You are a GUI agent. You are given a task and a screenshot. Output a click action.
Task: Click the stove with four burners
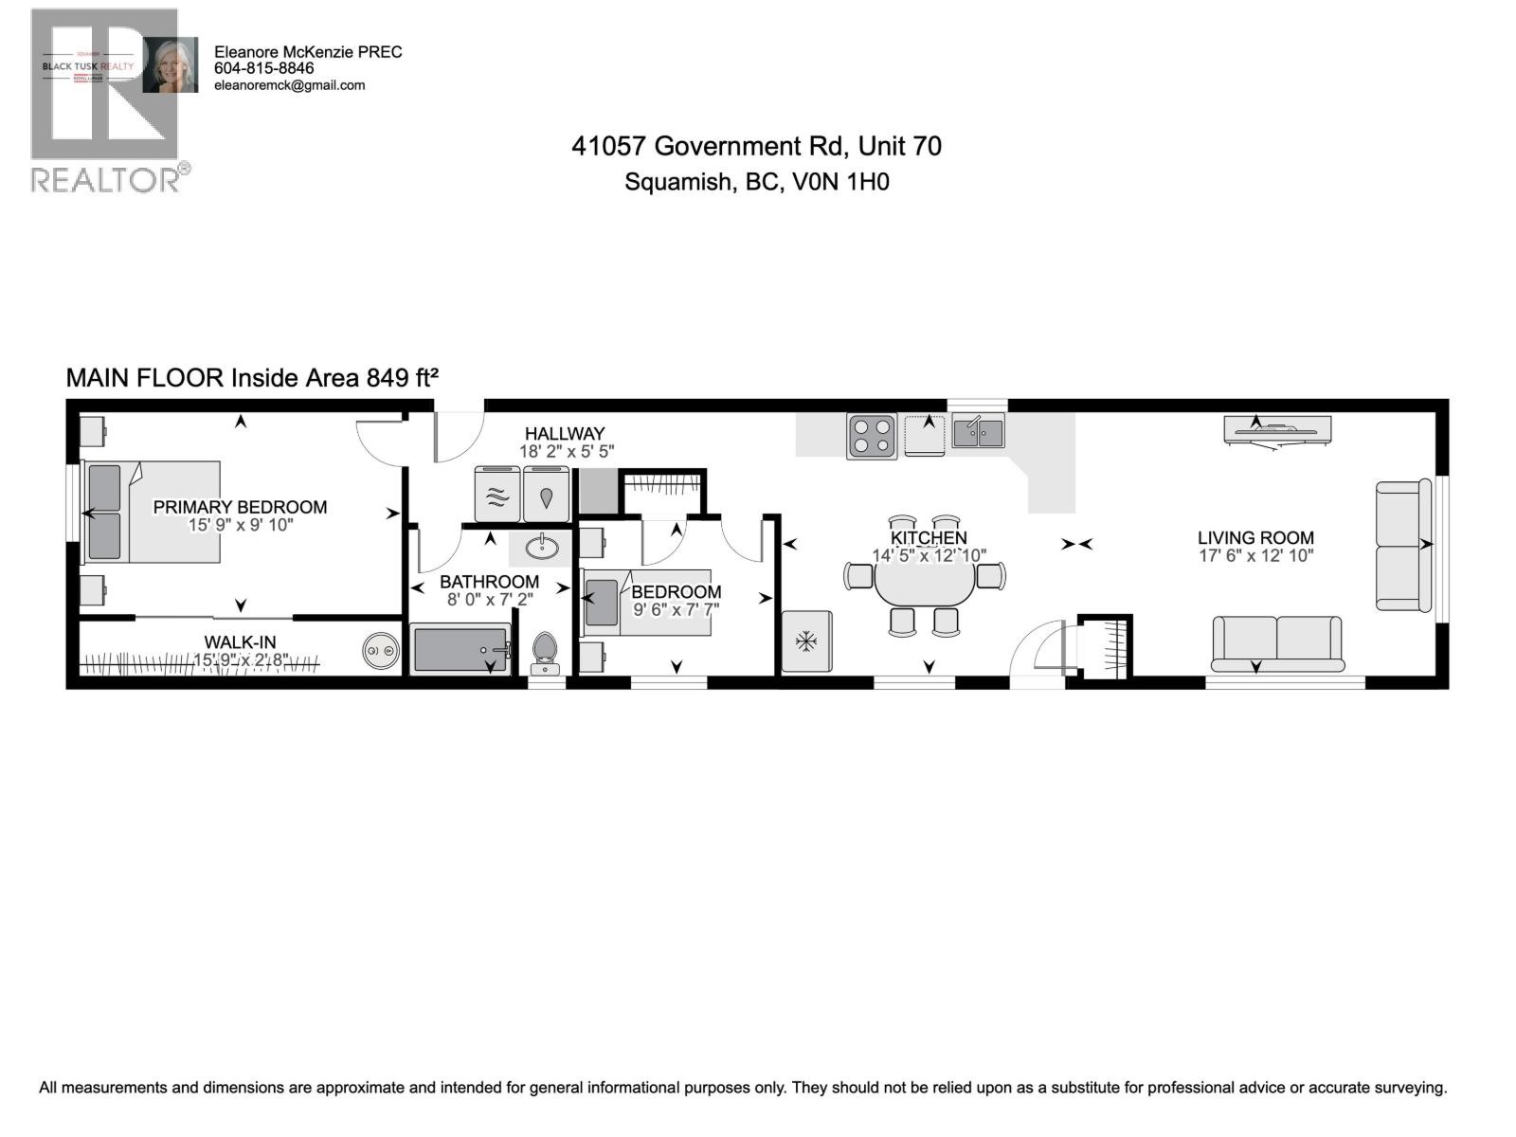point(872,437)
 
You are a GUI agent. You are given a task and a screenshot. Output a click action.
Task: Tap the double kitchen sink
point(978,433)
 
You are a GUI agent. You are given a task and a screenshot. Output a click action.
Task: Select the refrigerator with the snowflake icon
point(806,642)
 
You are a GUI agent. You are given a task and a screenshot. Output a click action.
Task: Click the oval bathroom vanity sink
point(541,547)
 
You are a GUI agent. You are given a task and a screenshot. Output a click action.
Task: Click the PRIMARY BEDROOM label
point(240,507)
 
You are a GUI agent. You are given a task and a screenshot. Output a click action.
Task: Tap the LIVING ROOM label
point(1254,538)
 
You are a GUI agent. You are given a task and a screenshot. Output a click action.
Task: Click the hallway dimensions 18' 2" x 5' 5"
point(567,452)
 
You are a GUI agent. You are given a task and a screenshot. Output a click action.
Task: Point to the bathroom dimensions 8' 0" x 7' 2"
point(490,599)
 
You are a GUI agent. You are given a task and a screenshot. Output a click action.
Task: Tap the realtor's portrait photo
point(171,65)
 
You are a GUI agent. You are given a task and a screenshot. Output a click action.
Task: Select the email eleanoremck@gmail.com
point(290,85)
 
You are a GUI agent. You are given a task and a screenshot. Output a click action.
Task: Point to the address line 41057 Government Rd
point(756,146)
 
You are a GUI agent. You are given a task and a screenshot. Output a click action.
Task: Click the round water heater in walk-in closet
point(382,652)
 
